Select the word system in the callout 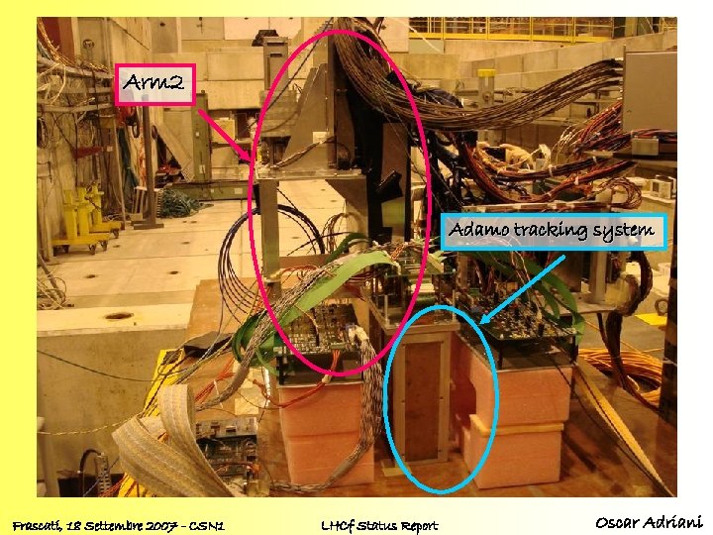pyautogui.click(x=623, y=232)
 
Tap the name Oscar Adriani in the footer pyautogui.click(x=648, y=522)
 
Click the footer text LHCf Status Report pyautogui.click(x=380, y=524)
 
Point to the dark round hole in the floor pyautogui.click(x=118, y=317)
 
